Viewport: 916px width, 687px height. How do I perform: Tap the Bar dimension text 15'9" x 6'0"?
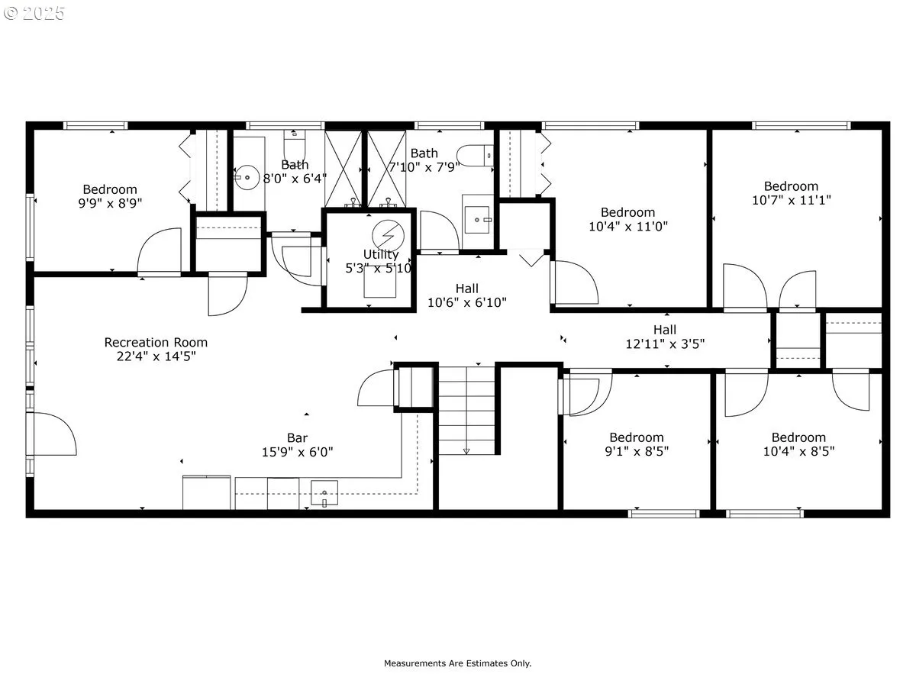click(297, 452)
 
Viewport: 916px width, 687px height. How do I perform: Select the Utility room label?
click(381, 254)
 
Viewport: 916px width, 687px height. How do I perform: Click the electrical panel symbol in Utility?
click(388, 235)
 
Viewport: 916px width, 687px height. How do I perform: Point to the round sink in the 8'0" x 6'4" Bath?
click(247, 178)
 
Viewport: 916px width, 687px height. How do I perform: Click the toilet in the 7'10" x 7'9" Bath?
click(475, 156)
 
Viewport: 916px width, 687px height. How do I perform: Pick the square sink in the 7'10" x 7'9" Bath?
click(477, 219)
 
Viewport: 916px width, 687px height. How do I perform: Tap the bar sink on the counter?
click(324, 492)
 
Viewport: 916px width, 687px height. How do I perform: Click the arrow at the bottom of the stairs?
click(466, 451)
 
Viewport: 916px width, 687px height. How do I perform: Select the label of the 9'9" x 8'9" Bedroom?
click(110, 189)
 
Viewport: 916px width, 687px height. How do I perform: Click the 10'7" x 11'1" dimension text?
click(792, 200)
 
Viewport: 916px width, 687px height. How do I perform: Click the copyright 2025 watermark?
click(34, 13)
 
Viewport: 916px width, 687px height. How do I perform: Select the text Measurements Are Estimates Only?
click(457, 663)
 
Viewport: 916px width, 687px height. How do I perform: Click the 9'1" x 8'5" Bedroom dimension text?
click(637, 451)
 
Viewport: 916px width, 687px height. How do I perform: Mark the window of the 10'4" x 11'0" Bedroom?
click(590, 125)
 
